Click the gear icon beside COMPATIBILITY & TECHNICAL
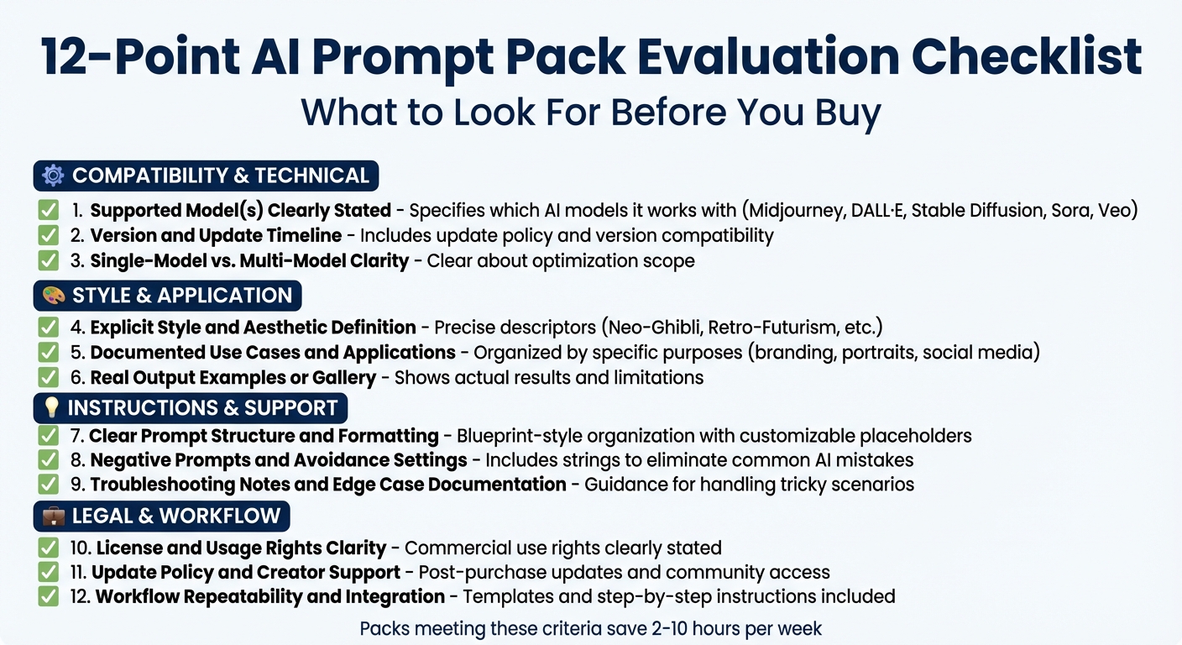pos(53,176)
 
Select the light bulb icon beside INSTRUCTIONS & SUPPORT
pos(52,408)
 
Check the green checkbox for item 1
pos(49,210)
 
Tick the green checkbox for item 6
pos(49,377)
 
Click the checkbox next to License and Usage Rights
pos(49,548)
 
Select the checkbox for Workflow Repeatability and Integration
pos(49,596)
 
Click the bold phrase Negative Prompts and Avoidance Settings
pos(279,460)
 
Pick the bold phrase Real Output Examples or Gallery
pos(233,377)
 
